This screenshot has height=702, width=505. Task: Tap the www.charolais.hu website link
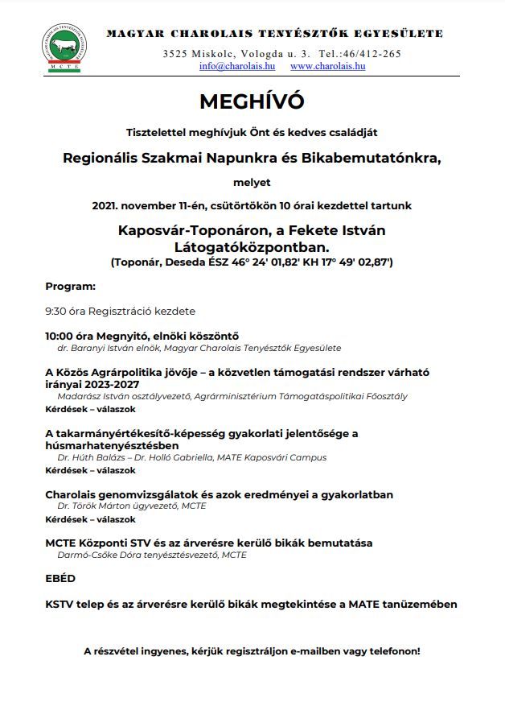(327, 66)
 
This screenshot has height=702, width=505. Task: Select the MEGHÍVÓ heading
(252, 102)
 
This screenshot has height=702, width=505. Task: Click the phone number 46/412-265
(371, 53)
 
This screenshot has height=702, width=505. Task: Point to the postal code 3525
(174, 53)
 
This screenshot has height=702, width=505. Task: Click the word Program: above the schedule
(71, 286)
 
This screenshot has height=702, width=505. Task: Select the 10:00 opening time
(61, 336)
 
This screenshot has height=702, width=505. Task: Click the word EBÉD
(60, 578)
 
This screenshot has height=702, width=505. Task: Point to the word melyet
(252, 183)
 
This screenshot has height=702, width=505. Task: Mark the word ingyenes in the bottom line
(179, 650)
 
